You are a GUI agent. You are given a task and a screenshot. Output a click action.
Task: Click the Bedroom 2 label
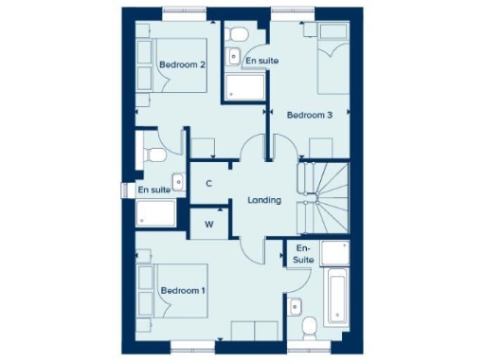[x=183, y=64]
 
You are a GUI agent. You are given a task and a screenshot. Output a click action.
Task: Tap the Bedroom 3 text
[x=310, y=116]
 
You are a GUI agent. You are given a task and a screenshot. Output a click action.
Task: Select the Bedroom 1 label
[x=183, y=289]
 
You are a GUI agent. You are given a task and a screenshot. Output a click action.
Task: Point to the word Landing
[x=264, y=200]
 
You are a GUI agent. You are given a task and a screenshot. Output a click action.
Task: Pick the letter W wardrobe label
[x=209, y=225]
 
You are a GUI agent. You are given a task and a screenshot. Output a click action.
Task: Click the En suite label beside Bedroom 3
[x=261, y=61]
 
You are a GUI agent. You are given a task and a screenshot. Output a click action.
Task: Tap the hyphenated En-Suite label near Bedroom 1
[x=303, y=253]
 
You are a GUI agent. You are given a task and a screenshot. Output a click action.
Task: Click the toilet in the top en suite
[x=239, y=36]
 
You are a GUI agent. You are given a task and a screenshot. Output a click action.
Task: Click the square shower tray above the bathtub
[x=334, y=253]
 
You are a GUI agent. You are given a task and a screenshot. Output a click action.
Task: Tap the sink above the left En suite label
[x=177, y=179]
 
